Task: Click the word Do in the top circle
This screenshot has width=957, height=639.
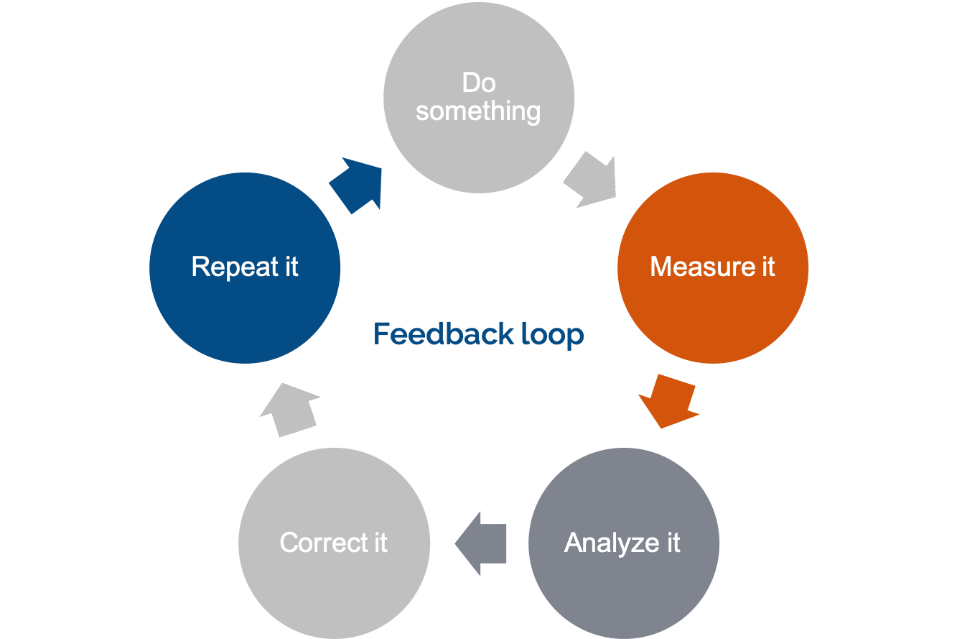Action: tap(479, 83)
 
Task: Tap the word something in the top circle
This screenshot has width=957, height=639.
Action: tap(478, 111)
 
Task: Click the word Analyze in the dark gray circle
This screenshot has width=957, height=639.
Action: tap(602, 543)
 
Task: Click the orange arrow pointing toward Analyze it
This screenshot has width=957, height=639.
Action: tap(668, 401)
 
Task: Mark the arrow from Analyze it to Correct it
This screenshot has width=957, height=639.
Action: tap(482, 543)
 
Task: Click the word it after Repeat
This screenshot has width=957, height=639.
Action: tap(291, 267)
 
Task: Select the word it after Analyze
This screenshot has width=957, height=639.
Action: tap(671, 543)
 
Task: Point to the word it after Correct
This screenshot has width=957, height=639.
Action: tap(379, 543)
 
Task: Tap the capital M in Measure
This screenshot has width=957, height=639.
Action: tap(660, 267)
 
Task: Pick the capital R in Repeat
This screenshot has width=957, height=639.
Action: tap(200, 267)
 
